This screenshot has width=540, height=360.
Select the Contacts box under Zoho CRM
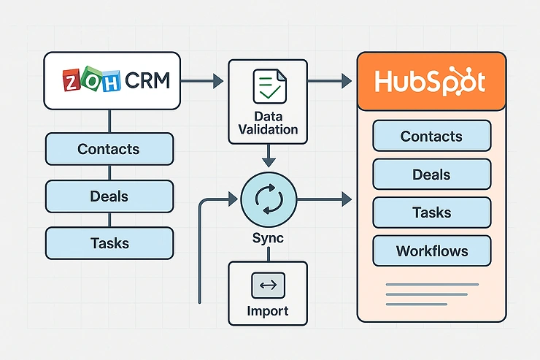pos(109,149)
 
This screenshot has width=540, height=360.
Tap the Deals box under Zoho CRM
pos(109,196)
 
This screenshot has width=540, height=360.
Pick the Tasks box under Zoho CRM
pos(109,243)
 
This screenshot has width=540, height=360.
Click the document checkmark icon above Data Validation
pos(268,86)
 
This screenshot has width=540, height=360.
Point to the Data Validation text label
pos(268,123)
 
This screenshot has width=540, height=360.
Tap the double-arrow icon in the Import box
pos(268,286)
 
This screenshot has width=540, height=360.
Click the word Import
pos(268,311)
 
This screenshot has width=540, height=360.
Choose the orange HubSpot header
pos(431,82)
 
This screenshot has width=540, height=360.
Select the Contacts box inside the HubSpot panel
pos(431,137)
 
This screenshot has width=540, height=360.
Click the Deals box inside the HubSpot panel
pos(431,175)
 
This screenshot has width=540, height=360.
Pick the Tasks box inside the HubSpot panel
pos(431,212)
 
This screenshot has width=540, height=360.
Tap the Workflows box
pos(431,251)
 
